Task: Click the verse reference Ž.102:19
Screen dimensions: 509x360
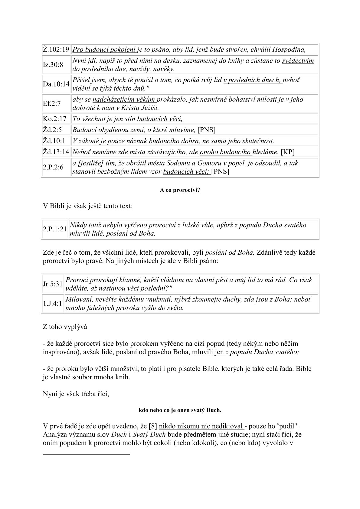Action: click(x=56, y=49)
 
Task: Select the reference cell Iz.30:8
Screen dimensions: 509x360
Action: click(x=53, y=65)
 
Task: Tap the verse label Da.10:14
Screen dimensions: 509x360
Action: click(x=56, y=84)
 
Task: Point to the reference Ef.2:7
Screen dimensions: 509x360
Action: click(x=52, y=103)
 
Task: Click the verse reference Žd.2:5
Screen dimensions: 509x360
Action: click(x=52, y=130)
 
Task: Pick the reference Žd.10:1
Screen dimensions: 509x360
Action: click(x=54, y=141)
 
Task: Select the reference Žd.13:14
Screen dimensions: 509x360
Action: click(x=56, y=152)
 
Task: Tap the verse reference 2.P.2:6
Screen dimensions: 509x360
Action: click(x=53, y=167)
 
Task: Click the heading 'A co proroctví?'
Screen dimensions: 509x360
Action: click(x=180, y=191)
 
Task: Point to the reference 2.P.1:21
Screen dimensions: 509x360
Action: click(x=55, y=229)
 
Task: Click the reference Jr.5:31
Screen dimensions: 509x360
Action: click(x=53, y=284)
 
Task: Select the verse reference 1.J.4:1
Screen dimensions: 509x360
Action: click(x=53, y=303)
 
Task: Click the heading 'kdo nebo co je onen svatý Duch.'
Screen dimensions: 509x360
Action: click(x=180, y=410)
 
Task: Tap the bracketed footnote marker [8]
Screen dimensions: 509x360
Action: click(x=153, y=426)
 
